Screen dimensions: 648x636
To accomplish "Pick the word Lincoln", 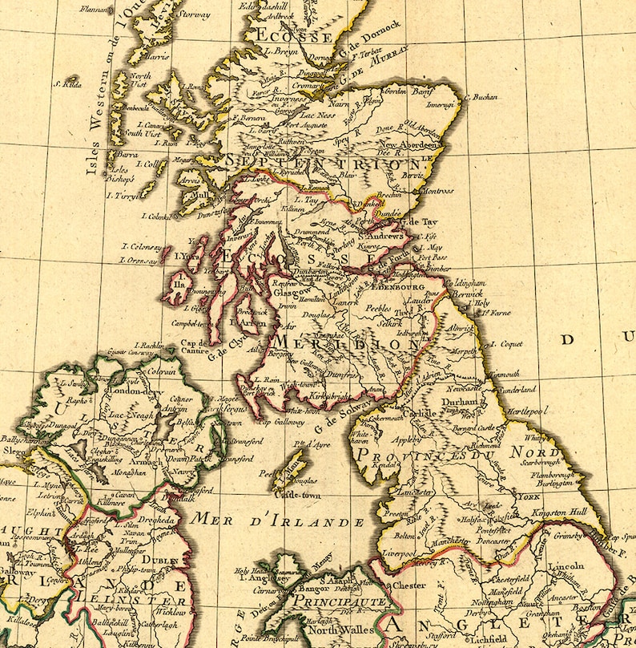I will click(x=566, y=566).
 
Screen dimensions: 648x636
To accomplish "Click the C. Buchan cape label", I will click(x=481, y=97).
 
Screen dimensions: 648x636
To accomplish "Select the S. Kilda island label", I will click(x=68, y=83).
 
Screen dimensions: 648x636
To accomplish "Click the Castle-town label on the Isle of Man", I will click(x=297, y=496).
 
